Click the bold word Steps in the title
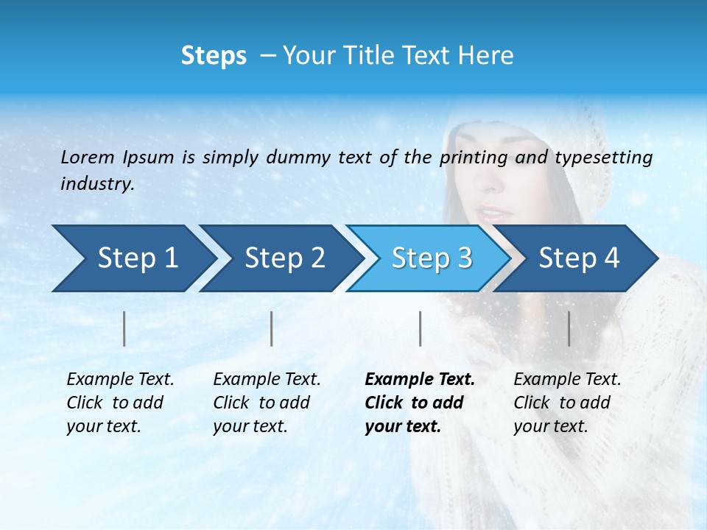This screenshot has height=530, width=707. click(214, 56)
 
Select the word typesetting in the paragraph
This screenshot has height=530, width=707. click(603, 158)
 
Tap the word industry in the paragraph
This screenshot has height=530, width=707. click(96, 184)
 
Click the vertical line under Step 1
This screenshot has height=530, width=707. click(124, 328)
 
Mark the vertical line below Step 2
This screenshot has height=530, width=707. click(272, 328)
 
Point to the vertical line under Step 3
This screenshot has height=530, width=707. click(421, 328)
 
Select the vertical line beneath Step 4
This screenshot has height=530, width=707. click(569, 328)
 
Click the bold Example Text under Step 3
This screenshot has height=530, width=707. click(420, 380)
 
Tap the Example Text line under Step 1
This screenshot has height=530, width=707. click(120, 380)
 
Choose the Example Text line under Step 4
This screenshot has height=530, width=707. click(567, 380)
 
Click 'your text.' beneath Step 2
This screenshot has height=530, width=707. click(250, 426)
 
